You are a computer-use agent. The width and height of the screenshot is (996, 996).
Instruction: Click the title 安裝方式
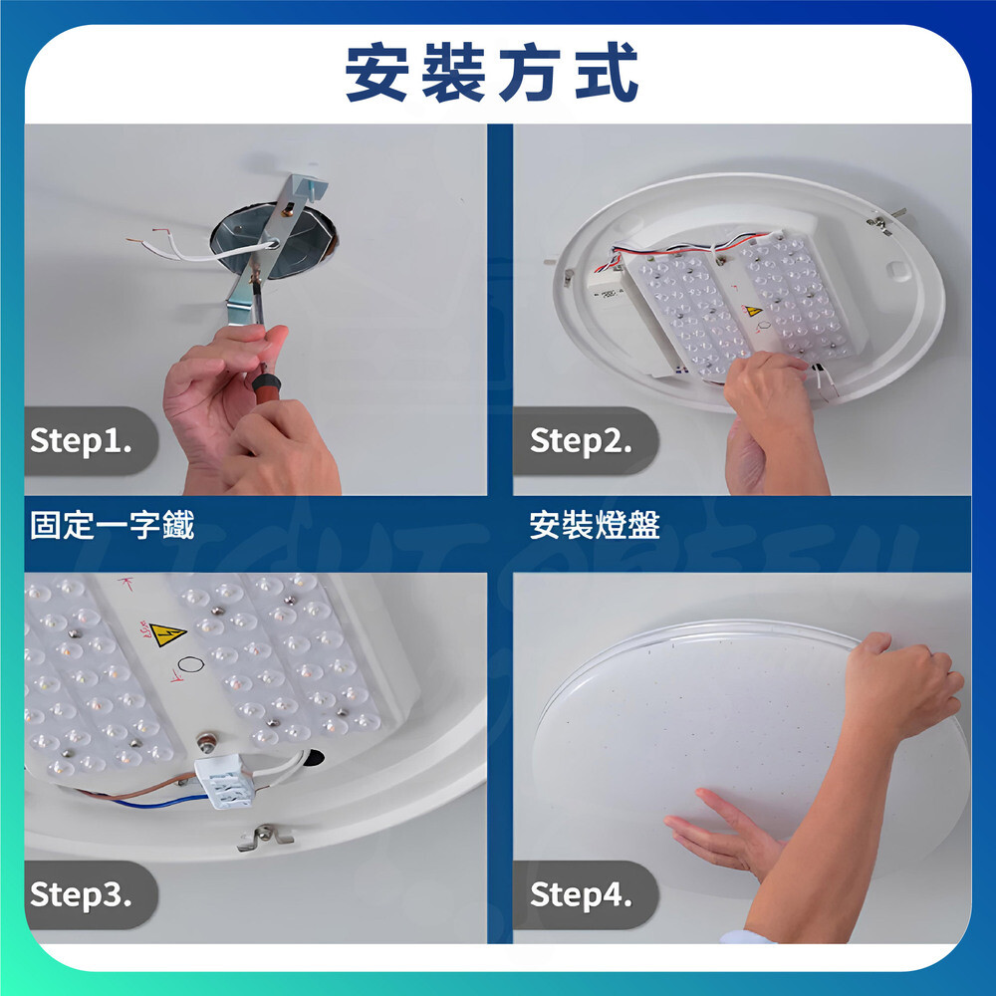tap(492, 72)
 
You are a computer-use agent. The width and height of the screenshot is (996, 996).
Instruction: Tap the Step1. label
tap(81, 440)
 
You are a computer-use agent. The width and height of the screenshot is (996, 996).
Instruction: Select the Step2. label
tap(581, 440)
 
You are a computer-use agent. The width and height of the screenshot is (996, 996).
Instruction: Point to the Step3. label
tap(81, 894)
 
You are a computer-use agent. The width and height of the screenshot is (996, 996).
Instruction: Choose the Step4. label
tap(581, 894)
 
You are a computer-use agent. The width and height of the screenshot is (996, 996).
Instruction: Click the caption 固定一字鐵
tap(112, 525)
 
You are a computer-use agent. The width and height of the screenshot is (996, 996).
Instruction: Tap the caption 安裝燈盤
tap(595, 525)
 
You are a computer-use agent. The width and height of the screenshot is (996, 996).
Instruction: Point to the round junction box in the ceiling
tap(274, 240)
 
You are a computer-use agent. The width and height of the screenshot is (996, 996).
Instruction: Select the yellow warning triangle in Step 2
tap(753, 311)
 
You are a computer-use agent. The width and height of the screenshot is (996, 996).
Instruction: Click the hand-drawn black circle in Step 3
tap(190, 665)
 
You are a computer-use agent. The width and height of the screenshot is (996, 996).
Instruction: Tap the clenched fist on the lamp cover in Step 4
tap(902, 685)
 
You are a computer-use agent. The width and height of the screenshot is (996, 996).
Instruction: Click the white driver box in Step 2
tap(608, 290)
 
